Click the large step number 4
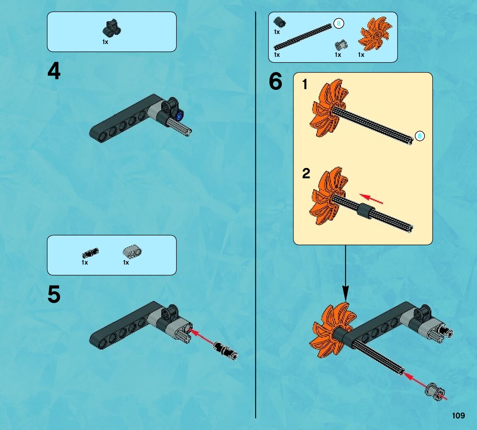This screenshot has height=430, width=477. (x=54, y=71)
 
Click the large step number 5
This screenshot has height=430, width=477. (x=54, y=294)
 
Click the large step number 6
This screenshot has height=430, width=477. (x=276, y=81)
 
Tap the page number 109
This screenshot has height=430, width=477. (x=458, y=416)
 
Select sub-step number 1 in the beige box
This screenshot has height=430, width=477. (x=305, y=84)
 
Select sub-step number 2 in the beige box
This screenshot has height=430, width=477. (x=306, y=173)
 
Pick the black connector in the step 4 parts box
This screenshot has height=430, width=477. (x=111, y=28)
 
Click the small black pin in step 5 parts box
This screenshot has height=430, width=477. (x=90, y=253)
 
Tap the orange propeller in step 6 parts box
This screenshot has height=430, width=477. (x=375, y=34)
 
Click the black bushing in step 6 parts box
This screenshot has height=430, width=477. (x=280, y=22)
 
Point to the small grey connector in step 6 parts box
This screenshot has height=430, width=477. (x=341, y=45)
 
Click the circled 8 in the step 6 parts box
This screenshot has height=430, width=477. (x=339, y=24)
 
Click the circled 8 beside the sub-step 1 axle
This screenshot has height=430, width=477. (x=420, y=136)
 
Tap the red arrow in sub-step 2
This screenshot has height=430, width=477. (x=371, y=199)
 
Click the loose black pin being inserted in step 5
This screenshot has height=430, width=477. (x=225, y=350)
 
